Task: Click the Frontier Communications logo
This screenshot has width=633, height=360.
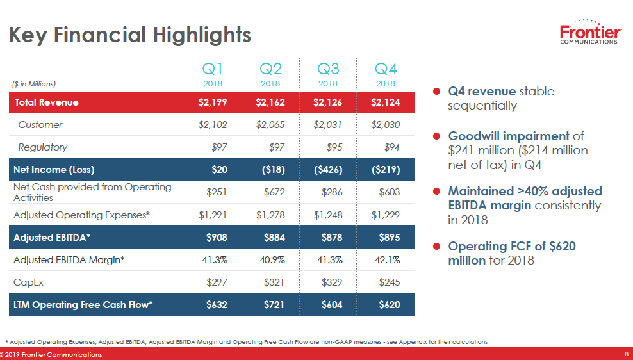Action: pyautogui.click(x=589, y=33)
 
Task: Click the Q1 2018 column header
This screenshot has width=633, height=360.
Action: pyautogui.click(x=212, y=74)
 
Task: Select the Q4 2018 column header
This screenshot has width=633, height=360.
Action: pyautogui.click(x=386, y=74)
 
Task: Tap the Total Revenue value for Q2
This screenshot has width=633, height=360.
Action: pyautogui.click(x=270, y=102)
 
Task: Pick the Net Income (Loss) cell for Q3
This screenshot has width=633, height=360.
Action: pyautogui.click(x=327, y=170)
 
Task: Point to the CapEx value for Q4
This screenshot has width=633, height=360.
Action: pyautogui.click(x=389, y=282)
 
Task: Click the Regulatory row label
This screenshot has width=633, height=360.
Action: pyautogui.click(x=42, y=147)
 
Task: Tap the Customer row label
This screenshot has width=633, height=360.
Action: pyautogui.click(x=40, y=125)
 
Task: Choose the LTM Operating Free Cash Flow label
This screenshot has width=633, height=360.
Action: pyautogui.click(x=83, y=305)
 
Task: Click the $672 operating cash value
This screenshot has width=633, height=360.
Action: pyautogui.click(x=274, y=192)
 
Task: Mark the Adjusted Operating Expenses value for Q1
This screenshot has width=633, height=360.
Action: pyautogui.click(x=213, y=215)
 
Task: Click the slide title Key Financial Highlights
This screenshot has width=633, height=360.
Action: pyautogui.click(x=129, y=35)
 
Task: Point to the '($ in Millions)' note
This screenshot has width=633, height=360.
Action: pyautogui.click(x=34, y=84)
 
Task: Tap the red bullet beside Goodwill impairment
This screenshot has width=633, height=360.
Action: pyautogui.click(x=436, y=136)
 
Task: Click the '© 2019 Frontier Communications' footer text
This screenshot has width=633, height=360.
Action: pyautogui.click(x=51, y=355)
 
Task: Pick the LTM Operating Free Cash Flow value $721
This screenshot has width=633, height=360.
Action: pyautogui.click(x=274, y=305)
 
